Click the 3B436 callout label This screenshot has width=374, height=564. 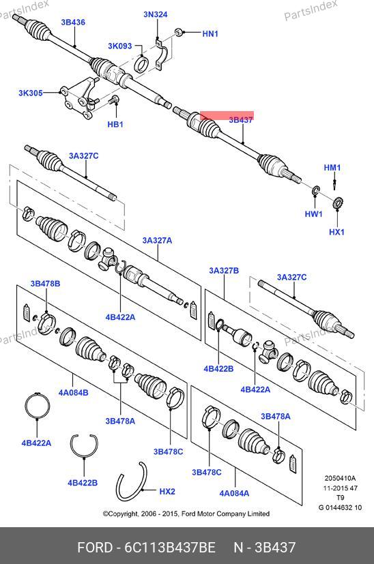[x=73, y=23]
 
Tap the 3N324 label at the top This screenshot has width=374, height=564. [x=156, y=14]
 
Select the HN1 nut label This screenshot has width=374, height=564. [x=210, y=34]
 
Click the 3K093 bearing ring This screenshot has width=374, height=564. [x=141, y=63]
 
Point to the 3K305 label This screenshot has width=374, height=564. [x=31, y=93]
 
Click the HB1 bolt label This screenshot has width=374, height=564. [x=115, y=124]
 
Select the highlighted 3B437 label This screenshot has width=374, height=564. [x=241, y=120]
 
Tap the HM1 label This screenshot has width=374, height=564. [x=332, y=168]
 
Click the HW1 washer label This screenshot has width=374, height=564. [x=313, y=214]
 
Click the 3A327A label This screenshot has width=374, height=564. [x=157, y=240]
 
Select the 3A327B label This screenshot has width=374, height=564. [x=224, y=271]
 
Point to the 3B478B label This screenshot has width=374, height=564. [x=45, y=284]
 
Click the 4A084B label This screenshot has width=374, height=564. [x=74, y=392]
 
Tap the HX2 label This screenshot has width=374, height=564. [x=167, y=491]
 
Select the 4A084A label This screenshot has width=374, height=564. [x=234, y=493]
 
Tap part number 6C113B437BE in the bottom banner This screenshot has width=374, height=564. [x=170, y=548]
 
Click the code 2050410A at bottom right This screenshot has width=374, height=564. [x=340, y=478]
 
